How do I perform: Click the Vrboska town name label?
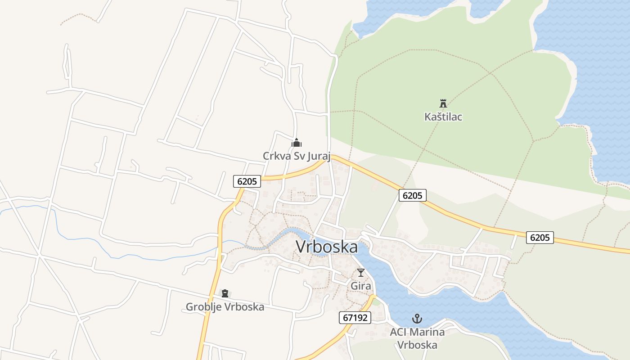point(327,247)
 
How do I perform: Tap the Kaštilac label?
point(443,117)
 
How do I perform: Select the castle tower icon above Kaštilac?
point(443,103)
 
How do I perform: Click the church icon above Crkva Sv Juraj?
point(297,143)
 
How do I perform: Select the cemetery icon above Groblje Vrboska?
point(225,293)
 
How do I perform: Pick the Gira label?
point(361,286)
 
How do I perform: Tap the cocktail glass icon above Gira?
point(361,272)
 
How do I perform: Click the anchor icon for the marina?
point(417,319)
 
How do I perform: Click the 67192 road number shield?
point(355,318)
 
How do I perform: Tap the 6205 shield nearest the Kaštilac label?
point(412,195)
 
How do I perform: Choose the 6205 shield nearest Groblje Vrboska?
point(247,181)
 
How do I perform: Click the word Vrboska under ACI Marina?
point(417,345)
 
